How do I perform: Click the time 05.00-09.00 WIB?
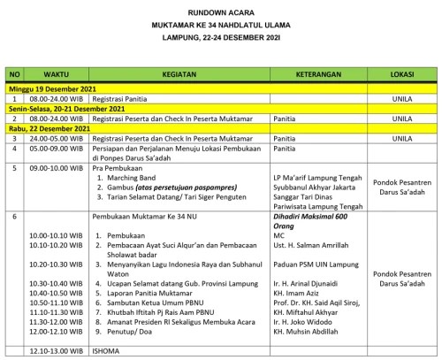56,149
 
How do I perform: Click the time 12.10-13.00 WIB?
57,351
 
